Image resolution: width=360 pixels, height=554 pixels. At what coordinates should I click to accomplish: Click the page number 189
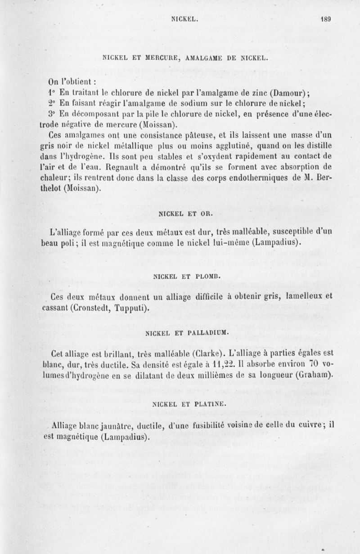326,19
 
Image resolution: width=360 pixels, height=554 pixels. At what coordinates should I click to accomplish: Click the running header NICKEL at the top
183,19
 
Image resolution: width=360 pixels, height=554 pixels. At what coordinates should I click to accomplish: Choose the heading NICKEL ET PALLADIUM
180,333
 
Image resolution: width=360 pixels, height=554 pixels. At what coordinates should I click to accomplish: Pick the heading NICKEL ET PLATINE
180,403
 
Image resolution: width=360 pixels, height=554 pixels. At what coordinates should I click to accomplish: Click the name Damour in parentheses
292,94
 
